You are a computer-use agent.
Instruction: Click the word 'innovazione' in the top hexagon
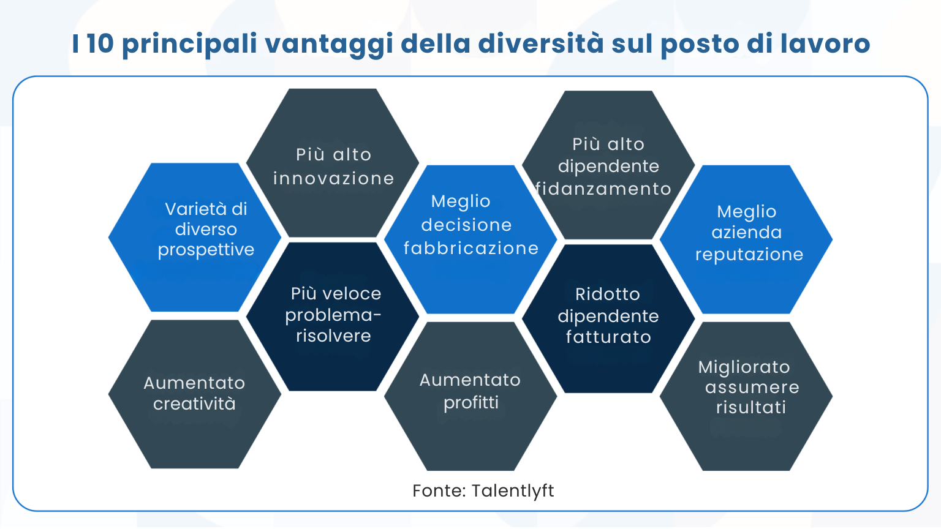(x=333, y=179)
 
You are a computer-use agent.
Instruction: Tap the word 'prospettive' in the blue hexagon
(x=206, y=250)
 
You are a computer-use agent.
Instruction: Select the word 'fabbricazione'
(x=470, y=249)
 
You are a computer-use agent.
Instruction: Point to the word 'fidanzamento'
(x=603, y=189)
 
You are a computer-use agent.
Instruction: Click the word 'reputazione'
(x=749, y=255)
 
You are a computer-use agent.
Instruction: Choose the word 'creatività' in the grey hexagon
(x=194, y=404)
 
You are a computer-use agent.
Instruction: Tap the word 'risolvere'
(x=333, y=336)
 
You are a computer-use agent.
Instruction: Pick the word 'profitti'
(x=470, y=403)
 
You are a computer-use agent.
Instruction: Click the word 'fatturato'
(x=608, y=337)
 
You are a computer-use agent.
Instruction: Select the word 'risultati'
(x=750, y=408)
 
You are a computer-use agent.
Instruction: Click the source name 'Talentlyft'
(x=513, y=491)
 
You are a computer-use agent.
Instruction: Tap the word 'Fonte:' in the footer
(x=439, y=491)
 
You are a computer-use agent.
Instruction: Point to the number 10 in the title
(x=100, y=43)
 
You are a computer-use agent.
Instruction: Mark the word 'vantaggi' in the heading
(x=328, y=45)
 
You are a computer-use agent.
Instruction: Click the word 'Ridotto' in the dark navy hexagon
(x=607, y=295)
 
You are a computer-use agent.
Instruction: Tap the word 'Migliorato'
(x=744, y=367)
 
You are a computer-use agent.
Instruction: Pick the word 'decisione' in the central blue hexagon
(x=466, y=225)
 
